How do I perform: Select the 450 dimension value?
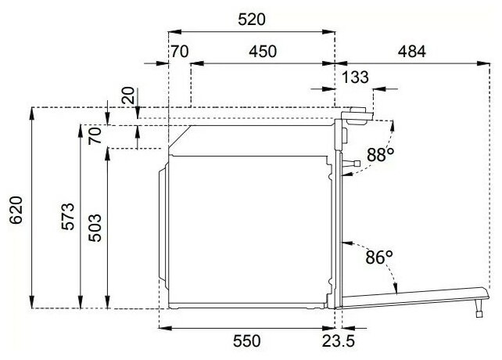click(263, 52)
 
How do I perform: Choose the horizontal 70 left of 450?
click(180, 52)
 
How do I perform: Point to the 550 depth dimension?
click(246, 341)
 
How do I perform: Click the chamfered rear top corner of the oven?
click(181, 137)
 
